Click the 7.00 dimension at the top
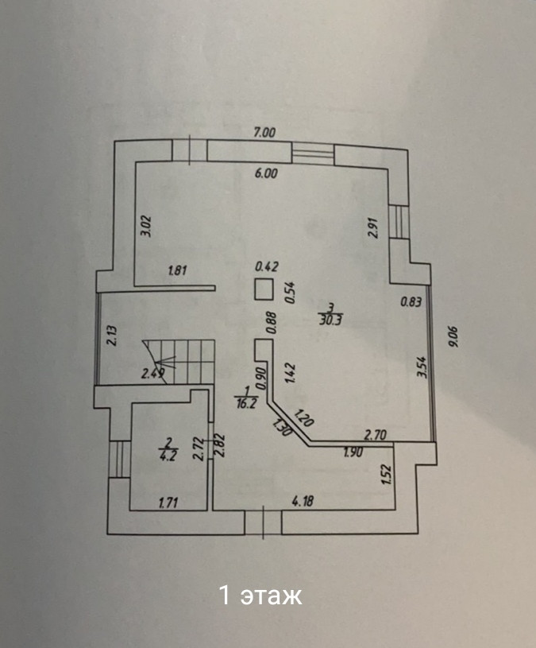click(264, 134)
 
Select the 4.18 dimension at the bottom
click(303, 500)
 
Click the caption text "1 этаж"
click(260, 596)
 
